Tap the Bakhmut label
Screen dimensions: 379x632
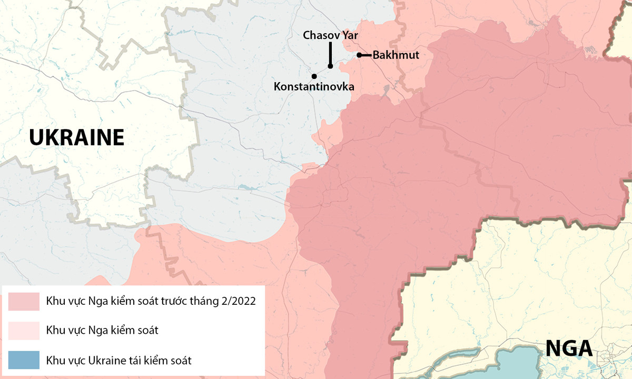click(x=396, y=55)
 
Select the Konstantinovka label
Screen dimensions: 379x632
click(x=313, y=86)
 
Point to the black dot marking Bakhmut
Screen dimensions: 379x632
click(x=359, y=55)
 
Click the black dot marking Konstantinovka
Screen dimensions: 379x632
click(x=314, y=76)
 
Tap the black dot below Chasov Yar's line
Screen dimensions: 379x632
click(x=330, y=66)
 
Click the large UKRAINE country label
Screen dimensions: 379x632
click(x=76, y=138)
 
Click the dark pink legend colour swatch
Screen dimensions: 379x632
click(x=24, y=302)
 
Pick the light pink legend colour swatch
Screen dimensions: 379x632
click(x=24, y=331)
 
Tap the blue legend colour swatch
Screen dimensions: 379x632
click(x=24, y=361)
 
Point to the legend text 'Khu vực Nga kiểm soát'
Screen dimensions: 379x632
click(x=102, y=331)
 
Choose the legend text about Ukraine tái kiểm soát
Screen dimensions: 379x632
click(x=119, y=361)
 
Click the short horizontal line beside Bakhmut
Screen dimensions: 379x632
click(x=366, y=55)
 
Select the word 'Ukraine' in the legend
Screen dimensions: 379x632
click(x=105, y=361)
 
